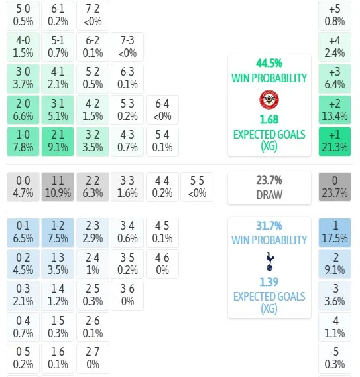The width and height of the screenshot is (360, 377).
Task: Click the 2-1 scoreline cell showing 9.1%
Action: (58, 141)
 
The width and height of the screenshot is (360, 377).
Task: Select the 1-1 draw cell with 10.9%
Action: (58, 187)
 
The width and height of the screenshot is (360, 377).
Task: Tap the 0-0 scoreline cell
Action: (23, 187)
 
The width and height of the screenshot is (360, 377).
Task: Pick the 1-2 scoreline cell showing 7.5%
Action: (58, 232)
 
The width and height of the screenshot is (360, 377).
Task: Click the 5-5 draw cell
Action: (197, 187)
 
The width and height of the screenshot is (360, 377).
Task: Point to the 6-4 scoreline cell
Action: (162, 110)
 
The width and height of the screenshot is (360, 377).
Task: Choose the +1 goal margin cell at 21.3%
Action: (335, 141)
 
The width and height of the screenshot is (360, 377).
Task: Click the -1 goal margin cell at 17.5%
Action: (335, 232)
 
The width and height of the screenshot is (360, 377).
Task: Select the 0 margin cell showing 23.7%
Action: (335, 187)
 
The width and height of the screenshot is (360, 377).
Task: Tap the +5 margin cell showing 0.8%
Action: (335, 15)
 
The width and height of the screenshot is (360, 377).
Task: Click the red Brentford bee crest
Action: (269, 100)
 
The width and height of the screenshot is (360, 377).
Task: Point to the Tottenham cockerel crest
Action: (270, 262)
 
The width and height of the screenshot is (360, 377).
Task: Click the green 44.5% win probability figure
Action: (269, 64)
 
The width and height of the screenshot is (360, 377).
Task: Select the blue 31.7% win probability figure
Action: (269, 226)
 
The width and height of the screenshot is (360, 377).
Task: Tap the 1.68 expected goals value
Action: (269, 119)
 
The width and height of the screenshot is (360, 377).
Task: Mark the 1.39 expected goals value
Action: (269, 282)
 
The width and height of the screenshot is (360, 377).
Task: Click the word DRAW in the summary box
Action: (269, 194)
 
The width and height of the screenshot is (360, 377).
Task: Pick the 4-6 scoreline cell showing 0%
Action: (162, 264)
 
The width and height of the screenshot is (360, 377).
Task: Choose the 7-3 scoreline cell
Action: (127, 46)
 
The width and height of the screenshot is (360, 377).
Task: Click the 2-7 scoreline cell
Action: (93, 358)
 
